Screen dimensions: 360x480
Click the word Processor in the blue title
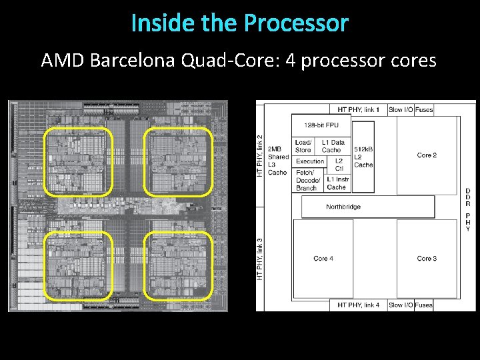point(296,23)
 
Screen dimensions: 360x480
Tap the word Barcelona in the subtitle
point(131,61)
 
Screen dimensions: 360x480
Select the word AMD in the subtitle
point(63,61)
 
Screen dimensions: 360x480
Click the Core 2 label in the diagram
point(427,155)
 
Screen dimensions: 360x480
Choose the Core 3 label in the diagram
point(427,258)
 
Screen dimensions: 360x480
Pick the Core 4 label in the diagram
point(323,258)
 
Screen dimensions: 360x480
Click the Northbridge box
point(343,207)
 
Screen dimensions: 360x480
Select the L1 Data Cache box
point(333,146)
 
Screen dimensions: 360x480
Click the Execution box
point(310,161)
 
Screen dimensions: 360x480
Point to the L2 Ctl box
point(339,164)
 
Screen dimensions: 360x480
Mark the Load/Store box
point(303,146)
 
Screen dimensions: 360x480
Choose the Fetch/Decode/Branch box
point(307,180)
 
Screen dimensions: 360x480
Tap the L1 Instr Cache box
point(337,183)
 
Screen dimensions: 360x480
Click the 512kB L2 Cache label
point(363,157)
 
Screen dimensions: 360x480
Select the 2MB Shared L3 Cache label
point(277,160)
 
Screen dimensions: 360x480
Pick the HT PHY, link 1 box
point(358,109)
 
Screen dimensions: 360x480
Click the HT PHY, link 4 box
point(358,305)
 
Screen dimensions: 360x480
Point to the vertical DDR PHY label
point(467,210)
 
